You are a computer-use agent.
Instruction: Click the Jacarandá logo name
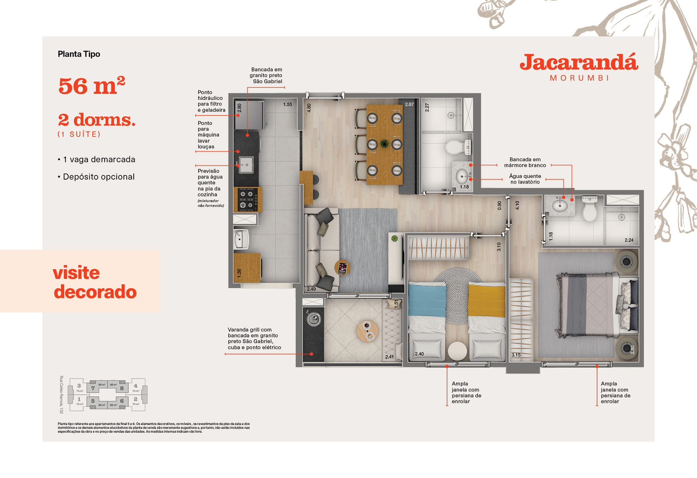point(579,63)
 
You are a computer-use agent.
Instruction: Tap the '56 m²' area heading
point(91,85)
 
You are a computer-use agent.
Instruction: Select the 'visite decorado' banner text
point(95,282)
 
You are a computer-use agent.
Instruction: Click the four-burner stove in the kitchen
point(247,199)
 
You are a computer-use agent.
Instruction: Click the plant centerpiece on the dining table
point(384,143)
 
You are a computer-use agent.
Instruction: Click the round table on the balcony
point(368,331)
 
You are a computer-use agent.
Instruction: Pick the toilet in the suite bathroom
point(590,210)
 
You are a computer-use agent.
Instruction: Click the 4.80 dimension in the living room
point(309,108)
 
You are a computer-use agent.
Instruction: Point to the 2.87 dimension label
point(409,105)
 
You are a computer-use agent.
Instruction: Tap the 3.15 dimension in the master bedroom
point(516,355)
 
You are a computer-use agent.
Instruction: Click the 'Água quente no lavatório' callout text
point(525,179)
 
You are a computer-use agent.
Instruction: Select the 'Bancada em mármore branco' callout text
point(525,162)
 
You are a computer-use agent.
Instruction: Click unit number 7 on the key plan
point(93,388)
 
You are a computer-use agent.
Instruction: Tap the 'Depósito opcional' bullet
point(98,177)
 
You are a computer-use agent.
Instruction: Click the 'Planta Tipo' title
point(79,54)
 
